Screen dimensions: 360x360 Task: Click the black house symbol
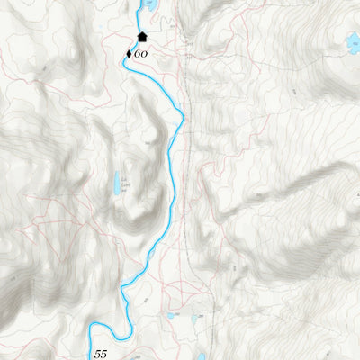click(141, 38)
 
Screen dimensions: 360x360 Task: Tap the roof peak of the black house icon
click(141, 33)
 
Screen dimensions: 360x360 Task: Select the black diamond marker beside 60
click(129, 54)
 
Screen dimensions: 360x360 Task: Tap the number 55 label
click(100, 355)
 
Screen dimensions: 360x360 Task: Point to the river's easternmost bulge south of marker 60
click(183, 114)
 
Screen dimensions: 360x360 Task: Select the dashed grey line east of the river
click(186, 180)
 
